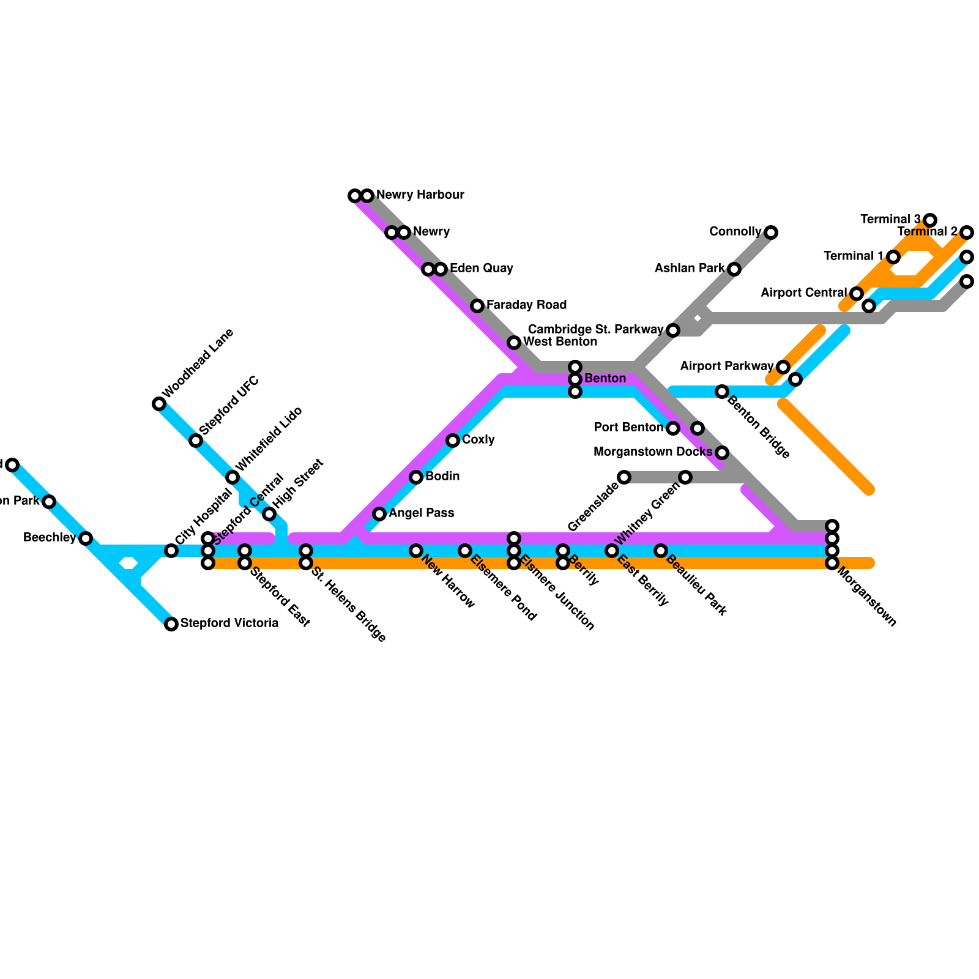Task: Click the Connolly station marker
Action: [771, 233]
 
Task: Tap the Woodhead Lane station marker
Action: [159, 404]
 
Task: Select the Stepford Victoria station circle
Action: [171, 624]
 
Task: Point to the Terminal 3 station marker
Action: [930, 220]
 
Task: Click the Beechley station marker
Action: [86, 538]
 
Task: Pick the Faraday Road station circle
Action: [477, 306]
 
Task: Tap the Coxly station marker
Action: [453, 441]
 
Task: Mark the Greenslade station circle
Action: [624, 477]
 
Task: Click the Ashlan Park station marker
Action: [734, 269]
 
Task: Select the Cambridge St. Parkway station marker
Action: [673, 330]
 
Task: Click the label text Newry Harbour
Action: [420, 195]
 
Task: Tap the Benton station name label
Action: [605, 379]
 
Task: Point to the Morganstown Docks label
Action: [653, 452]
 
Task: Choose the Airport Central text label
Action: [803, 293]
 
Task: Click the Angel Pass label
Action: [421, 513]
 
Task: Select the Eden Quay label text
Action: [481, 269]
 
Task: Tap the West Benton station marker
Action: [514, 343]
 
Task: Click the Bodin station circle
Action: [416, 477]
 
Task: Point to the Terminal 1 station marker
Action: [893, 257]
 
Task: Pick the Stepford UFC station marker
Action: [196, 441]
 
